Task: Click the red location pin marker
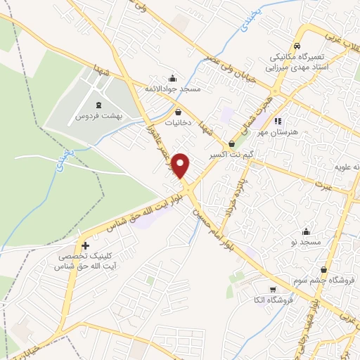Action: (182, 165)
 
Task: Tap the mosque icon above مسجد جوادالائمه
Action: (173, 78)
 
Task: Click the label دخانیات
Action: (179, 122)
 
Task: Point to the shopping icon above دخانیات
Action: (179, 112)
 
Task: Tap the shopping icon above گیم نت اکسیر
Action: (231, 143)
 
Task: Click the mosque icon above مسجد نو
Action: (307, 231)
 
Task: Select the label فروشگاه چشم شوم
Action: (323, 280)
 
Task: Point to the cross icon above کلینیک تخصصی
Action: (85, 246)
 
